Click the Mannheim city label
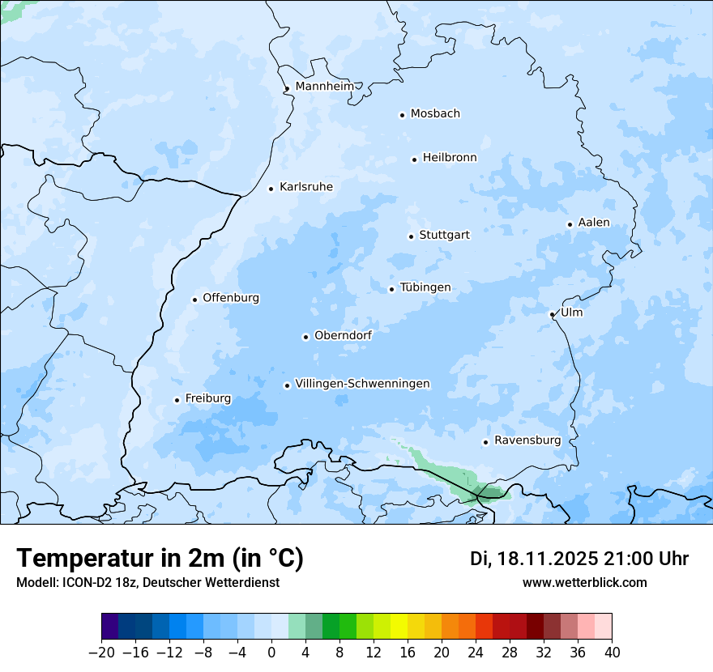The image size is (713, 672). (325, 87)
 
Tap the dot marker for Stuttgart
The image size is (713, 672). (411, 236)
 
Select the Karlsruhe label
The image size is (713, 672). (306, 187)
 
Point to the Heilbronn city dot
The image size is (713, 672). (414, 159)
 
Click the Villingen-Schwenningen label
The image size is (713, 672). (363, 384)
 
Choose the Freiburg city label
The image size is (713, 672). (208, 398)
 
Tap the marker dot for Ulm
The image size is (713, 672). (552, 314)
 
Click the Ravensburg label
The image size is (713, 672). (527, 440)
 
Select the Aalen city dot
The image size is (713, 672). (570, 224)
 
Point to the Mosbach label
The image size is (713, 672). (435, 113)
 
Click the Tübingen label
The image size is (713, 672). (425, 287)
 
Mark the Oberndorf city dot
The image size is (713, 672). (305, 337)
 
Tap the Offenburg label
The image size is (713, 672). (231, 298)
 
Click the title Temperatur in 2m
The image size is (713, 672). (160, 558)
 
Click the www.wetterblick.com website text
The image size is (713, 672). (584, 583)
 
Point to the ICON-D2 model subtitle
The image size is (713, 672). (147, 583)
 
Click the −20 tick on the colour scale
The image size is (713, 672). (102, 653)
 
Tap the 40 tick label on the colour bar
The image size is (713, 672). (612, 653)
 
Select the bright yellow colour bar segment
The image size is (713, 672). (399, 627)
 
